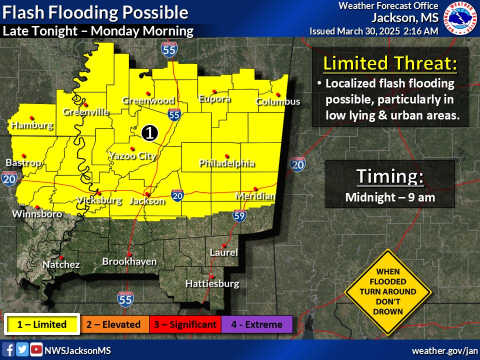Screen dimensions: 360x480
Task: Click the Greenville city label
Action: point(85,112)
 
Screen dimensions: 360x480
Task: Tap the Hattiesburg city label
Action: point(212,283)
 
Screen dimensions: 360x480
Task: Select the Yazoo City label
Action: point(132,156)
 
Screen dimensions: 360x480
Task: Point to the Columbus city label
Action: point(277,101)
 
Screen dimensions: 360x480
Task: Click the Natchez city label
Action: point(60,264)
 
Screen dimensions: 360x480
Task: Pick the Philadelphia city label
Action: point(226,163)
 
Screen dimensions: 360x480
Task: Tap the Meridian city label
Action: point(255,196)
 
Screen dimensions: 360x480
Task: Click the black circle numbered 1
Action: point(149,132)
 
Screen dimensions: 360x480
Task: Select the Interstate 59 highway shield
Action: point(239,216)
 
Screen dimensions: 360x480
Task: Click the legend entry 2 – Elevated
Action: point(113,324)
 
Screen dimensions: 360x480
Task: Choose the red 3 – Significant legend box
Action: point(185,324)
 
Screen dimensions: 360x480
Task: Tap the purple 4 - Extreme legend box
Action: point(256,324)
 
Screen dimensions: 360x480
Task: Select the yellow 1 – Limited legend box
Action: point(42,324)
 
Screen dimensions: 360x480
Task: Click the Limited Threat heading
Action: point(390,63)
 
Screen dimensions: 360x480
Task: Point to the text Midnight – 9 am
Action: point(390,197)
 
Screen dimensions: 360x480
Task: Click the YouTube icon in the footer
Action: point(36,350)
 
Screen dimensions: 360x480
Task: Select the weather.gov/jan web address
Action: point(444,350)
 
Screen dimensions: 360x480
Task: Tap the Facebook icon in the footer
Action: point(8,350)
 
